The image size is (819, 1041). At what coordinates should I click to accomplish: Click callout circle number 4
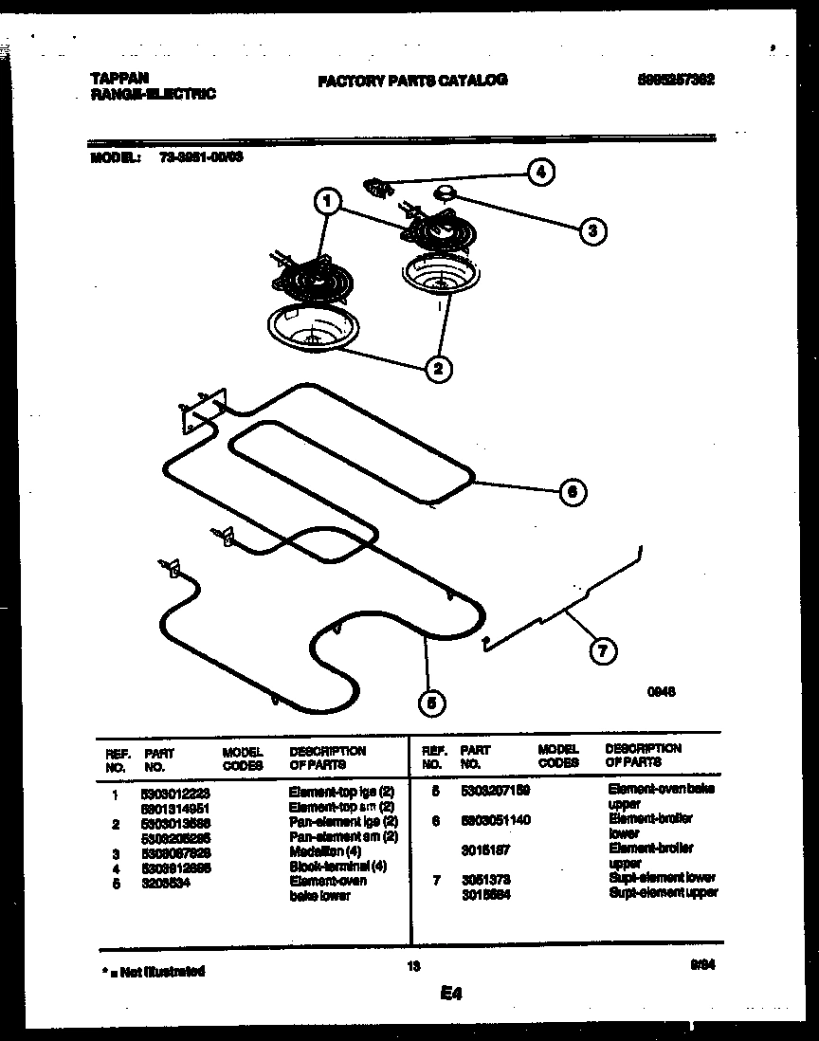[x=539, y=173]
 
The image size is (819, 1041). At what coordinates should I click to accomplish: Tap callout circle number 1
[x=327, y=201]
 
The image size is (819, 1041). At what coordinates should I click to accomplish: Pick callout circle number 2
[x=437, y=369]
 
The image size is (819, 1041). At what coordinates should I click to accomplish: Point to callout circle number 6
[x=572, y=492]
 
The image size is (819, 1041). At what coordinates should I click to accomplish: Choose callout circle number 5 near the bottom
[x=432, y=703]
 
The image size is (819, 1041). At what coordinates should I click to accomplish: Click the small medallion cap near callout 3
[x=444, y=193]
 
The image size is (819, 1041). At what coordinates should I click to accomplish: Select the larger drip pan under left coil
[x=309, y=331]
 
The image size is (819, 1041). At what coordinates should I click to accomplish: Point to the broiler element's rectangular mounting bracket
[x=200, y=411]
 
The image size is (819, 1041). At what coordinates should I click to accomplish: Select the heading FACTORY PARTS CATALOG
[x=412, y=81]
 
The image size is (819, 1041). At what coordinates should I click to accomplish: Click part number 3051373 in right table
[x=486, y=879]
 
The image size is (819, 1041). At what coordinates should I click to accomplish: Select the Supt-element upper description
[x=663, y=892]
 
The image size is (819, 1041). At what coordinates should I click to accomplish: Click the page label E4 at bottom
[x=450, y=995]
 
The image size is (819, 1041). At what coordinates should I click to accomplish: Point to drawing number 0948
[x=661, y=692]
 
